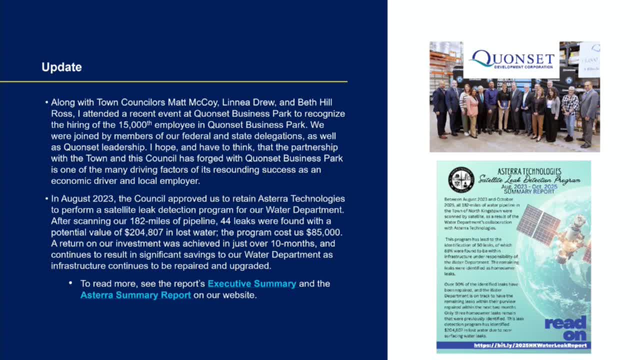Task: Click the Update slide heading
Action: click(x=61, y=67)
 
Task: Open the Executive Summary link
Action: click(x=251, y=283)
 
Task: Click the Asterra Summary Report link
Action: click(x=135, y=295)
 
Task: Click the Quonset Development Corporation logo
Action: click(x=511, y=60)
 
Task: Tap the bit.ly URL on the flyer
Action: click(x=530, y=345)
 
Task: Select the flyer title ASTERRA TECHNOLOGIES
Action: click(x=529, y=171)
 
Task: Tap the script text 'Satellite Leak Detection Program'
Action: click(x=529, y=179)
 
